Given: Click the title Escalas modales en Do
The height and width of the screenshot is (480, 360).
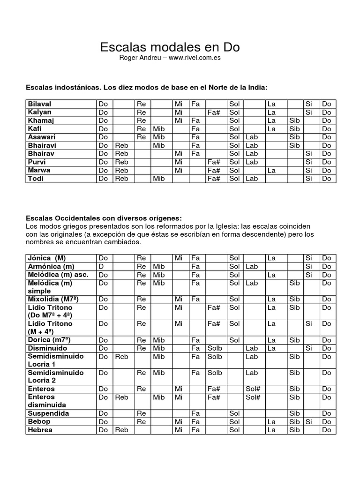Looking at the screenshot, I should (x=170, y=47).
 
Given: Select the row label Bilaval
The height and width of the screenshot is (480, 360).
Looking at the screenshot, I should (x=40, y=104).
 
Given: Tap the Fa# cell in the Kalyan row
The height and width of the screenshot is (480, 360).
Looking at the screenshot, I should (x=214, y=112).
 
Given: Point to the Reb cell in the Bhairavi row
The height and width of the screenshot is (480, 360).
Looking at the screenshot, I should (x=121, y=145).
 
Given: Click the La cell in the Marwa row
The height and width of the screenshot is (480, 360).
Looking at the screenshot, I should (x=271, y=170).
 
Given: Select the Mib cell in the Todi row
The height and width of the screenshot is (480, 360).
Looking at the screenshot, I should (x=159, y=179).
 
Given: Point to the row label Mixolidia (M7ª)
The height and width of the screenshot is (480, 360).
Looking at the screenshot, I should (x=50, y=299).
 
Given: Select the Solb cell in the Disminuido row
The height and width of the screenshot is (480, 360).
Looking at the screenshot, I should (x=215, y=348).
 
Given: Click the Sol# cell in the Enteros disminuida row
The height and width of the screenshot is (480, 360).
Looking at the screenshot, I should (x=253, y=397).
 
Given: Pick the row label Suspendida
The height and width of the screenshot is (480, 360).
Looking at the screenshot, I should (x=48, y=413).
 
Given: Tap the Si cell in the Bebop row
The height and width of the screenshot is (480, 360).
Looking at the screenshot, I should (x=309, y=422).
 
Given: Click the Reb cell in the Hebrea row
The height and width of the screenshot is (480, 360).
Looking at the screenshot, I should (x=121, y=430).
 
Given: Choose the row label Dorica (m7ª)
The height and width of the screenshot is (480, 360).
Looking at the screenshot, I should (x=49, y=340).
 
